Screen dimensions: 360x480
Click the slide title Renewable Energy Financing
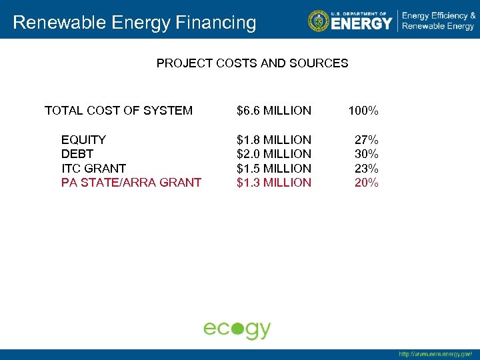point(134,23)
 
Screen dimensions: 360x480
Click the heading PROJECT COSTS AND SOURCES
point(252,63)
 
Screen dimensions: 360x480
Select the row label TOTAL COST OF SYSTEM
point(119,111)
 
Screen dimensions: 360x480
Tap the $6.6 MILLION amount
point(274,111)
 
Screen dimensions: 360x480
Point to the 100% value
point(363,111)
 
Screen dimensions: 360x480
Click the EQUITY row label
point(83,140)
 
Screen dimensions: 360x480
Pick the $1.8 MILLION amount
point(274,140)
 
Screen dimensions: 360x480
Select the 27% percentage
point(366,140)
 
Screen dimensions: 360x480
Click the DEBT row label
point(77,154)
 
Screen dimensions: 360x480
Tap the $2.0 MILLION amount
point(274,154)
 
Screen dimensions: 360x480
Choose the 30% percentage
point(366,154)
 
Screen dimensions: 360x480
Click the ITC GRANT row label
point(93,169)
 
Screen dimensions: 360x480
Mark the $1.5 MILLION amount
point(274,169)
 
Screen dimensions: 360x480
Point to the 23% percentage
point(366,169)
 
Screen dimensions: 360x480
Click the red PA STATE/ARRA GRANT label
point(131,183)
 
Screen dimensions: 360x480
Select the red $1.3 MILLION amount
point(274,183)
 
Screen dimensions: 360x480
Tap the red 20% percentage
point(366,183)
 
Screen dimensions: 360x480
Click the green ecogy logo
point(237,329)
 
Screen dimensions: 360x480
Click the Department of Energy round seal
point(319,21)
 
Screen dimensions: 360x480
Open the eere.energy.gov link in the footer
point(435,354)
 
